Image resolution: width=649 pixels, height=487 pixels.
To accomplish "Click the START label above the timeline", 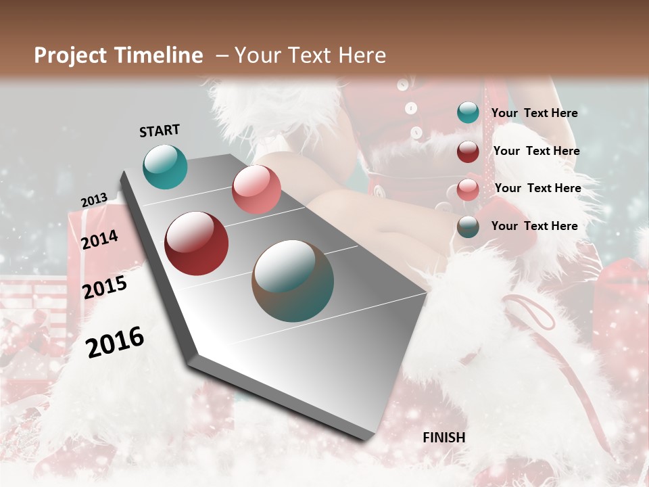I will tap(160, 131).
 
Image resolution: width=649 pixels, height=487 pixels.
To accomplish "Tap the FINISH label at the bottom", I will tap(443, 438).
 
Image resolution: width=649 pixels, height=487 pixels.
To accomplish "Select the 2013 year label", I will tap(94, 200).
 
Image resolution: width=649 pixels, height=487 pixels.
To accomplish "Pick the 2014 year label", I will tap(99, 239).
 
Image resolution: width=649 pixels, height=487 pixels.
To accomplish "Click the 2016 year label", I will tap(115, 342).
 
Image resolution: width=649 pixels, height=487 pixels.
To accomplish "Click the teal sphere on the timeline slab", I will tap(165, 166).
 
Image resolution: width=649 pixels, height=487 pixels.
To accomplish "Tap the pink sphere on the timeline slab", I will tap(256, 189).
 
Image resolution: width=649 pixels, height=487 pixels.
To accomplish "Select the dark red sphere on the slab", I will tap(197, 243).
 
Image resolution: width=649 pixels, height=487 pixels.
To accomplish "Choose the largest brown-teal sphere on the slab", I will tap(293, 281).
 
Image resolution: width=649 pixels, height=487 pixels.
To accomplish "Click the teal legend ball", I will tap(468, 113).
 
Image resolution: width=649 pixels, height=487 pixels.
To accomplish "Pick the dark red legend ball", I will tap(468, 152).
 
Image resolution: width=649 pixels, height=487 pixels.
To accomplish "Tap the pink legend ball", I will tap(468, 189).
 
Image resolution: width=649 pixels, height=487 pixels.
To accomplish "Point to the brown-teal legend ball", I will tap(468, 227).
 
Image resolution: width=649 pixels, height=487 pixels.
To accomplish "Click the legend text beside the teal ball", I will tap(534, 113).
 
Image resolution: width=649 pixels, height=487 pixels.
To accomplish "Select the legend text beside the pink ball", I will tap(537, 188).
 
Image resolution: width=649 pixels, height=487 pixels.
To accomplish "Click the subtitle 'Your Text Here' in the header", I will tap(310, 55).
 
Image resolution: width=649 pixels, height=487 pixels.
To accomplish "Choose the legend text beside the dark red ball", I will tap(536, 151).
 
